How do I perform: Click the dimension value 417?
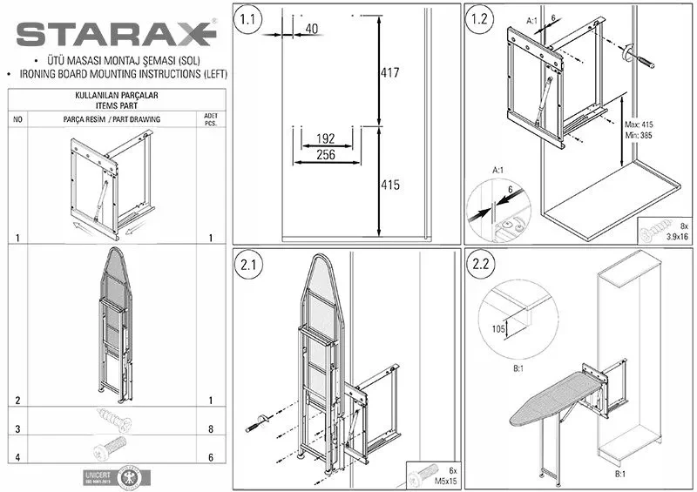[x=389, y=73]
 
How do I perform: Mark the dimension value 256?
[x=326, y=155]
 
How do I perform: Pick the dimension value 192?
[x=326, y=138]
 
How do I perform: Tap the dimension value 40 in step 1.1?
[x=311, y=30]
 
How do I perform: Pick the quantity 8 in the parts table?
[x=210, y=429]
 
